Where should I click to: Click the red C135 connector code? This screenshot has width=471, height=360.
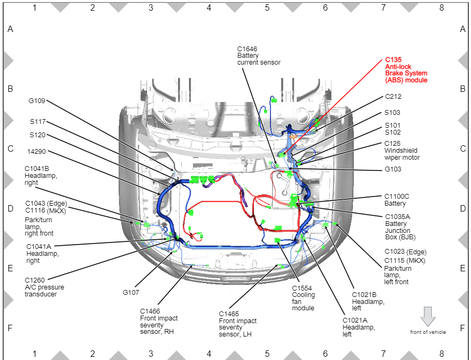[393, 60]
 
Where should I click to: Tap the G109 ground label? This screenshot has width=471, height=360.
[37, 101]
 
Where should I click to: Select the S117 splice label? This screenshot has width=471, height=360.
[37, 121]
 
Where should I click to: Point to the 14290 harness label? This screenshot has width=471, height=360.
[36, 152]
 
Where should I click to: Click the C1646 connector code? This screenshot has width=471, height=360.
[247, 49]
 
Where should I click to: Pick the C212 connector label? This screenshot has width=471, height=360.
[393, 97]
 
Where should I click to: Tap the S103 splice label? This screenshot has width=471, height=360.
[392, 113]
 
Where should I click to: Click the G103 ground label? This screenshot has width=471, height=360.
[393, 169]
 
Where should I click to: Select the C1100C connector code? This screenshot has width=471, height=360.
[397, 197]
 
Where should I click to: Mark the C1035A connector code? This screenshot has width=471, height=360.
[397, 217]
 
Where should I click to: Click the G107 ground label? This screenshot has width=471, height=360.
[130, 292]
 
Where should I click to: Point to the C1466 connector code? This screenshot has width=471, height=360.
[150, 311]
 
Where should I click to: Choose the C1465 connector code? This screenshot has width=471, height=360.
[229, 314]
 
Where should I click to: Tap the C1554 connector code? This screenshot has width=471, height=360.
[302, 288]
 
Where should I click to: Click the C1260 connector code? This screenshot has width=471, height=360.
[35, 280]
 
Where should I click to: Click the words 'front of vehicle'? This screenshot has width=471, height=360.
[428, 332]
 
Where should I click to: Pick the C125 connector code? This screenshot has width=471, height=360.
[392, 144]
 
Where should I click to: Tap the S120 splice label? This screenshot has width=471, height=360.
[37, 135]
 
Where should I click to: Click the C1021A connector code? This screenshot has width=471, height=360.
[355, 320]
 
